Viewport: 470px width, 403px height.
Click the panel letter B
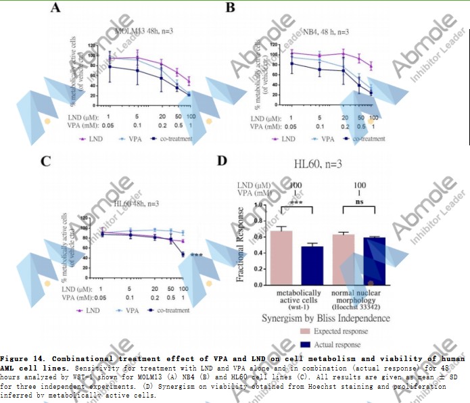point(230,9)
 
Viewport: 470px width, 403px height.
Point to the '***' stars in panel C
point(197,255)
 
